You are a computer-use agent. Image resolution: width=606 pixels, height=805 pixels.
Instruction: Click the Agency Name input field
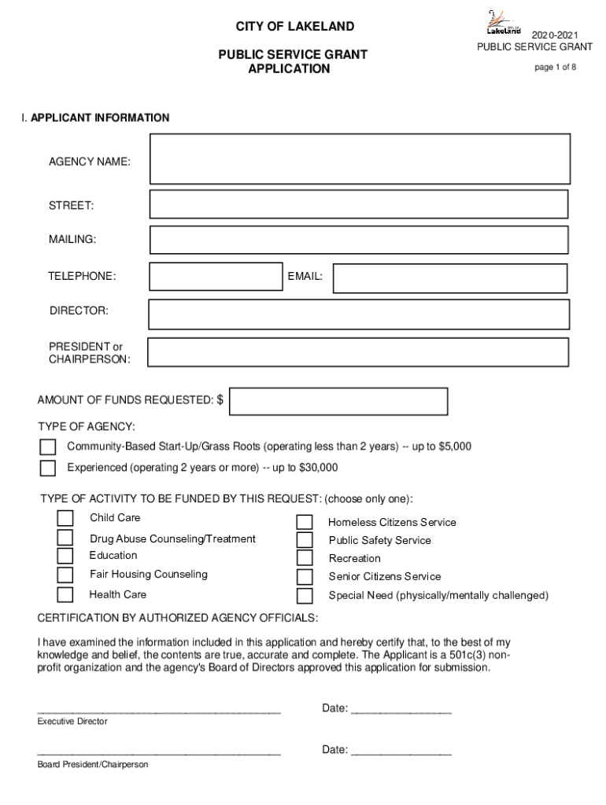(360, 159)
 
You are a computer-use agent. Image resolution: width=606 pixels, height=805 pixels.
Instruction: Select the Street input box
(359, 204)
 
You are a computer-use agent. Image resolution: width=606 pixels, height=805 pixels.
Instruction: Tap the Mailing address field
(359, 240)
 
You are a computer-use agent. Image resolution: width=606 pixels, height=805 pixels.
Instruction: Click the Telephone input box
(216, 277)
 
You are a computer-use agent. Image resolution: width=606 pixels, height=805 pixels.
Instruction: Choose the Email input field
(449, 278)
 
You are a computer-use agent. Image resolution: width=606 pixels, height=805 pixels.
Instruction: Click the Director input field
(359, 314)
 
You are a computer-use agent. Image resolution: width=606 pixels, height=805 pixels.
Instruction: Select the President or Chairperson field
(358, 352)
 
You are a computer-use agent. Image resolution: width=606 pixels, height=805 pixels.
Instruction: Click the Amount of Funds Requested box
(338, 401)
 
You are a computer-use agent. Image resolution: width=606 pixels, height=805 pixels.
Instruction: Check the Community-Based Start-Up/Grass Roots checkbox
(48, 447)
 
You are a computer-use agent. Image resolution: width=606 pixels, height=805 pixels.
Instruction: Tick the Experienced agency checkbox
(48, 469)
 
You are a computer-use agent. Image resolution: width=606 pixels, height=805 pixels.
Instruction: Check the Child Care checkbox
(65, 518)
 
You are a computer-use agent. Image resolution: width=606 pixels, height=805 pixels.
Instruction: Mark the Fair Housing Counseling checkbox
(65, 575)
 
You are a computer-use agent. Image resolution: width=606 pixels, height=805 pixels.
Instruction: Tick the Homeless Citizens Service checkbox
(305, 523)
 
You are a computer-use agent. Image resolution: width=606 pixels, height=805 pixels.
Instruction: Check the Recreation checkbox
(305, 558)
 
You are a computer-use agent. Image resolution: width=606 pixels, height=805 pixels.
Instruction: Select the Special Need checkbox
(305, 595)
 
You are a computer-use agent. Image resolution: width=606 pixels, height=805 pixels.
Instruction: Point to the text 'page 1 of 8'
(555, 68)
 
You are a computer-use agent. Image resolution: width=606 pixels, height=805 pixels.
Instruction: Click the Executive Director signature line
(159, 711)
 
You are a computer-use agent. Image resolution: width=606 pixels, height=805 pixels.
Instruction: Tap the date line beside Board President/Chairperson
(401, 753)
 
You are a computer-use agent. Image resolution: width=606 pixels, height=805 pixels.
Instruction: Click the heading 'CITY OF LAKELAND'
(295, 27)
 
